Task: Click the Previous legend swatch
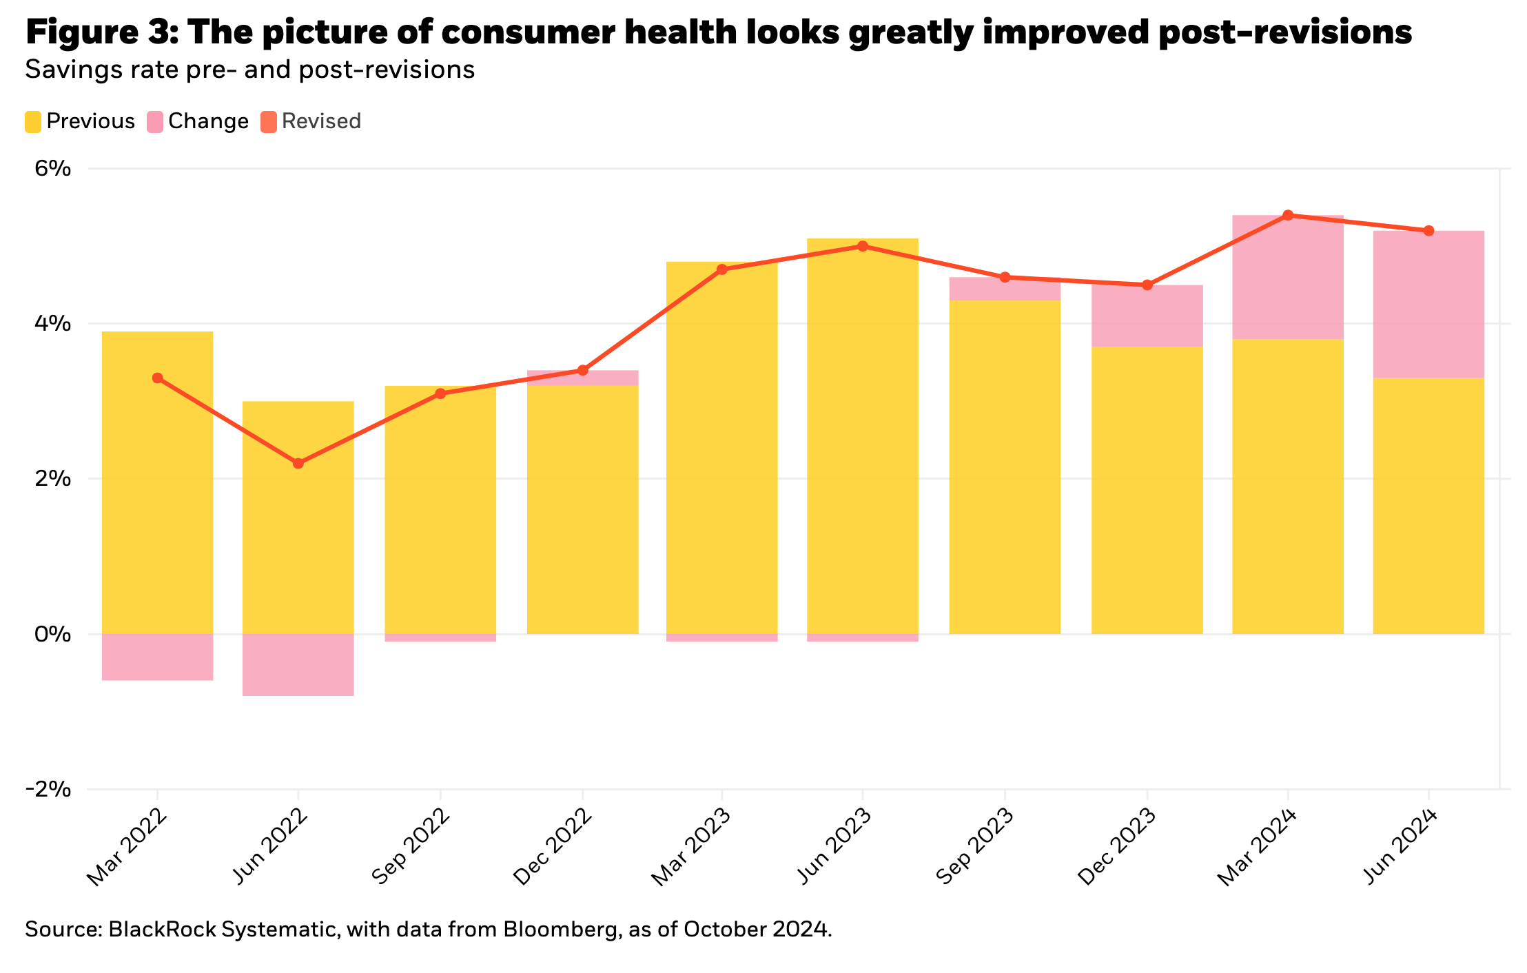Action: (33, 122)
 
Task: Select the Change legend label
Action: (208, 122)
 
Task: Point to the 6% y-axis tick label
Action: (53, 168)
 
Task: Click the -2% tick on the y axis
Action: (48, 789)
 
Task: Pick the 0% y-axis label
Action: (53, 634)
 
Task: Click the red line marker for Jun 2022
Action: (298, 463)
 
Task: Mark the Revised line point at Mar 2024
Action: (1288, 215)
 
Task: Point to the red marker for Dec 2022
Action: (583, 370)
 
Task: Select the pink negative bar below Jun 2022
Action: (298, 665)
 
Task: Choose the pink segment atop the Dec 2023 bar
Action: (1147, 316)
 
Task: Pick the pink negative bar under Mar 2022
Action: (157, 657)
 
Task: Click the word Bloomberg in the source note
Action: (555, 930)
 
